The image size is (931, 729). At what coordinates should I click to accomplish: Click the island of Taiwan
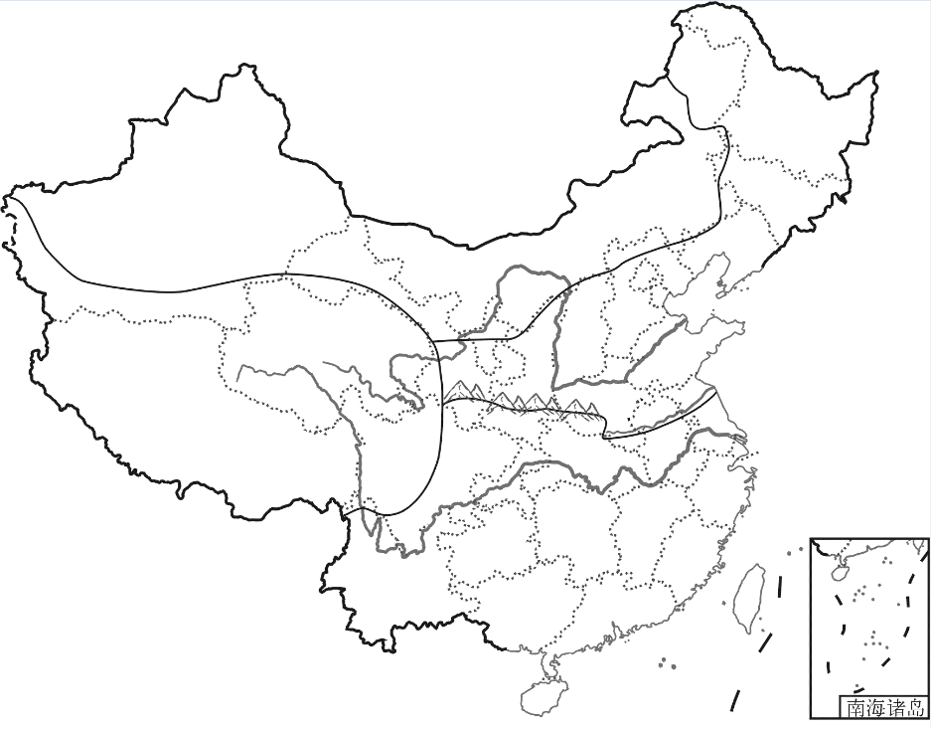tap(749, 597)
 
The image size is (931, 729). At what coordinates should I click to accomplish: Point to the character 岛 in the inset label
tap(915, 709)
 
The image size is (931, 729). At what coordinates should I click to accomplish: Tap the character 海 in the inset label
tap(875, 709)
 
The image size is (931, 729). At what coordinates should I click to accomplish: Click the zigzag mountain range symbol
tap(522, 400)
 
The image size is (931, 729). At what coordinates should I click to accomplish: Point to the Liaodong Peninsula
tap(710, 277)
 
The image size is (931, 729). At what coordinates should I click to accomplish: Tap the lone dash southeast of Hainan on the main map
tap(735, 700)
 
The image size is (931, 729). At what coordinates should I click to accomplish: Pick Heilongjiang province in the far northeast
tap(785, 129)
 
